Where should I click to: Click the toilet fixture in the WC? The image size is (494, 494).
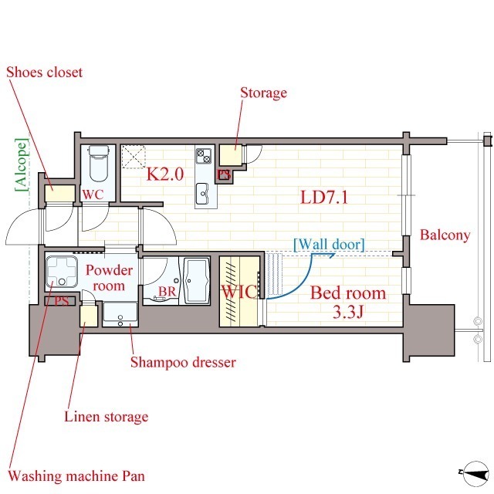coord(99,163)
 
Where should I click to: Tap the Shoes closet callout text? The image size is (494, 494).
coord(45,73)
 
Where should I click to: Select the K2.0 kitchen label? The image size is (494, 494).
coord(165,174)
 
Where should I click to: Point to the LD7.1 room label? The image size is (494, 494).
coord(324,198)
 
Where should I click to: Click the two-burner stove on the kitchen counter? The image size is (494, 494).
coord(204,156)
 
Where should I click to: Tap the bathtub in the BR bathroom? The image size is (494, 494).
coord(197,281)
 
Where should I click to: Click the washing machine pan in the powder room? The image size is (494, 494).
coord(62,272)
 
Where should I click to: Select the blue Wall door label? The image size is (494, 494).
coord(329,245)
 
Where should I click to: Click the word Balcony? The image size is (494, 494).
coord(445,235)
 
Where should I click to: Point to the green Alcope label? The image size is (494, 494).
coord(22,164)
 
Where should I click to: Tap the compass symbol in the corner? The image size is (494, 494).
coord(475,473)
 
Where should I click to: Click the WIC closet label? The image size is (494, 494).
coord(239,292)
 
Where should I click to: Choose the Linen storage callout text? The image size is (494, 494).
coord(107,417)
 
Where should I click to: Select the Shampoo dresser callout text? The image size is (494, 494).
coord(183,362)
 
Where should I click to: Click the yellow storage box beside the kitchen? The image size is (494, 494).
coord(231,154)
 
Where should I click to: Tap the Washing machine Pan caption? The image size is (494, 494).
coord(76,476)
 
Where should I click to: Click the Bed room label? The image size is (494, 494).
coord(348,293)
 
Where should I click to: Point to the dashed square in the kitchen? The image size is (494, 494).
coord(133,157)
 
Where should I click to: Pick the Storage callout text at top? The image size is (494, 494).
coord(264,93)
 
